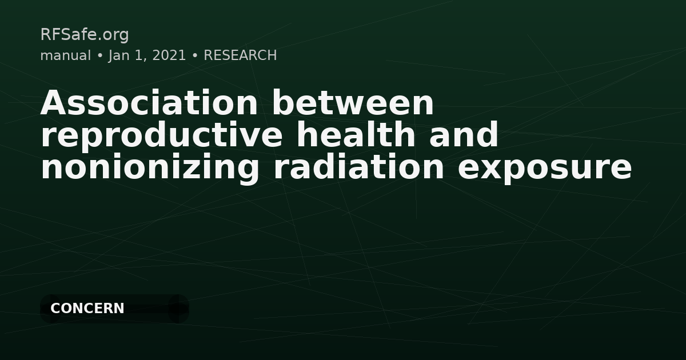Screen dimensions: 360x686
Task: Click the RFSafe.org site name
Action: tap(85, 35)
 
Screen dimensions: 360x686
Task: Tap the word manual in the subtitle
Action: tap(65, 55)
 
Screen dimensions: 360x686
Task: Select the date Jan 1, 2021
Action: tap(147, 55)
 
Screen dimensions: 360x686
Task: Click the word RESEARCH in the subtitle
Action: tap(240, 55)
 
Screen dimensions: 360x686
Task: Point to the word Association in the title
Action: tap(149, 103)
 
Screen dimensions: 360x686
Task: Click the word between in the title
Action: tap(353, 103)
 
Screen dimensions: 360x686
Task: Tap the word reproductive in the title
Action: tap(161, 135)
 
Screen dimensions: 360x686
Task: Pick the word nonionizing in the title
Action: tap(150, 168)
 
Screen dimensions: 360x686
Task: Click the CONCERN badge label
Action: tap(87, 309)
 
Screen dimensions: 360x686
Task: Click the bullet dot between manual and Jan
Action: tap(99, 56)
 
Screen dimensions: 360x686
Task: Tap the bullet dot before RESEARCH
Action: tap(195, 56)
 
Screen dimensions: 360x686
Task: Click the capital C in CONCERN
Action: tap(55, 309)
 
